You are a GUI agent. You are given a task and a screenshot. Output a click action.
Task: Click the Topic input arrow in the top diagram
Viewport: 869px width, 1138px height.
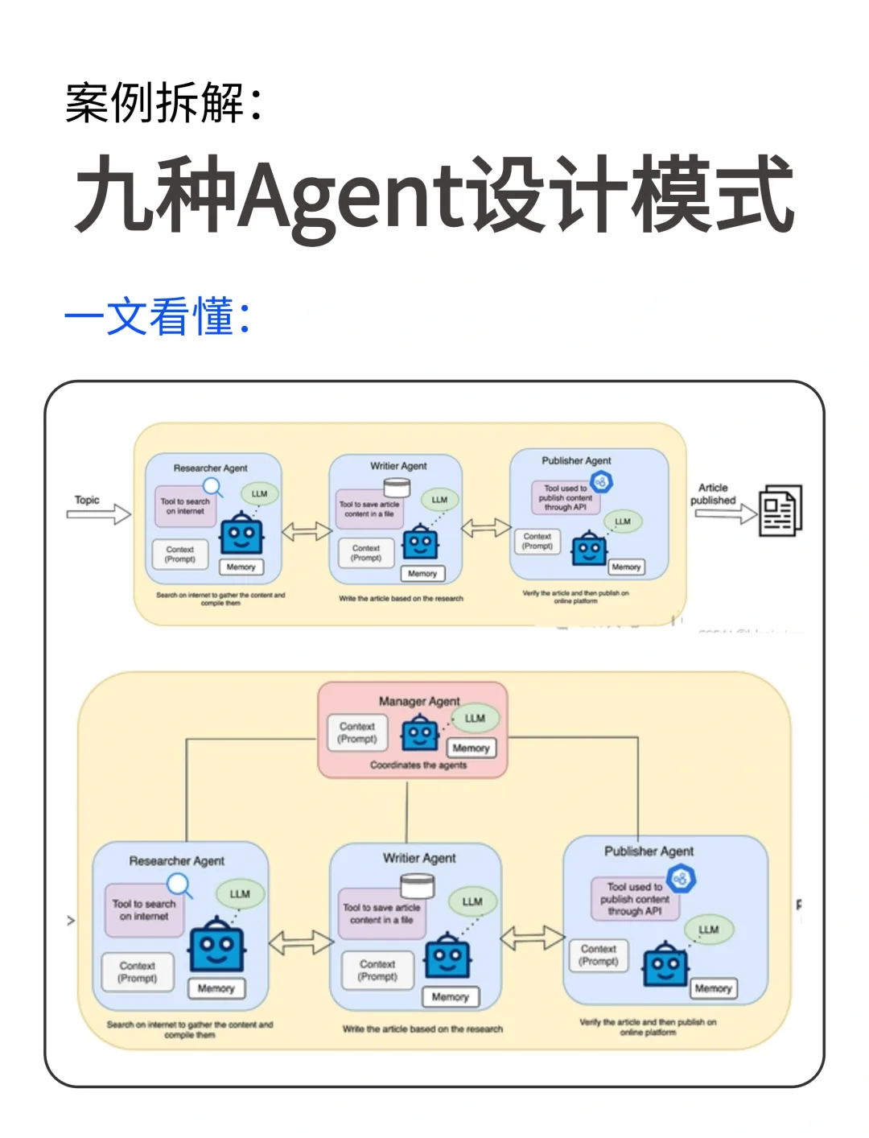[x=99, y=514]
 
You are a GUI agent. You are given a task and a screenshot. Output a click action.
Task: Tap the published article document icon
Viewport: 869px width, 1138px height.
[x=780, y=509]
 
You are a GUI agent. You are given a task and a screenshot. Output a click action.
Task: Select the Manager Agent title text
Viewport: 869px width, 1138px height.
[x=419, y=701]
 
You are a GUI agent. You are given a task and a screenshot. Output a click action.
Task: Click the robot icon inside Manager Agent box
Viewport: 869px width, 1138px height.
[x=419, y=733]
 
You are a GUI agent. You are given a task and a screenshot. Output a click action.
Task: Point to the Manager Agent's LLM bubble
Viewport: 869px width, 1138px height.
[x=475, y=718]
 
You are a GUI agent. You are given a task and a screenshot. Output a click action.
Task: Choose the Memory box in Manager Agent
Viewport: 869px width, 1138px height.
[x=471, y=748]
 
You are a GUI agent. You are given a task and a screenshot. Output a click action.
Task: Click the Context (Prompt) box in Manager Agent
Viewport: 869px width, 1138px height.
[x=357, y=732]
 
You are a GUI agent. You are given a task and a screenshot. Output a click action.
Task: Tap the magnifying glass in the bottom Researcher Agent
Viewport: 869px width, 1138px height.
[x=179, y=885]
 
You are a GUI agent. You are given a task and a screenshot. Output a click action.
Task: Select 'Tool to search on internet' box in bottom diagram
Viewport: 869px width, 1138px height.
[x=144, y=910]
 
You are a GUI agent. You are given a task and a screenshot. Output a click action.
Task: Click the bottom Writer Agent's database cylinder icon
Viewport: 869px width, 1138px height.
[x=417, y=885]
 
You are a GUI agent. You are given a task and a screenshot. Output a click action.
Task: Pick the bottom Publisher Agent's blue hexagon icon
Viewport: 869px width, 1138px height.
[x=681, y=878]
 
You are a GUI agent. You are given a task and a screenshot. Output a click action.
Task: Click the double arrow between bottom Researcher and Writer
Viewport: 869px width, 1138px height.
[x=300, y=942]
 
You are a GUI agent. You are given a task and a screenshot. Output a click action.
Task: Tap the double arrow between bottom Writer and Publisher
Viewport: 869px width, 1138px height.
[x=532, y=938]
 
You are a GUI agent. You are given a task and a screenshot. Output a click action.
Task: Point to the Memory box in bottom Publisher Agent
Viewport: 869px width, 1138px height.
[x=713, y=988]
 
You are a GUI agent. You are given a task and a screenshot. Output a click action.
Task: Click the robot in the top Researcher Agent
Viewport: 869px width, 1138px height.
[x=241, y=534]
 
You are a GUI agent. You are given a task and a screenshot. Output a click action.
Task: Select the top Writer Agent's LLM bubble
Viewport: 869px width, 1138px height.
[x=439, y=500]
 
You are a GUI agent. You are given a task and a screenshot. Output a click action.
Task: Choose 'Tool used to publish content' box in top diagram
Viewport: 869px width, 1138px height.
[x=566, y=497]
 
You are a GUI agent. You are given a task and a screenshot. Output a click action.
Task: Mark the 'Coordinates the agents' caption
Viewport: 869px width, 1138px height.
[x=418, y=765]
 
